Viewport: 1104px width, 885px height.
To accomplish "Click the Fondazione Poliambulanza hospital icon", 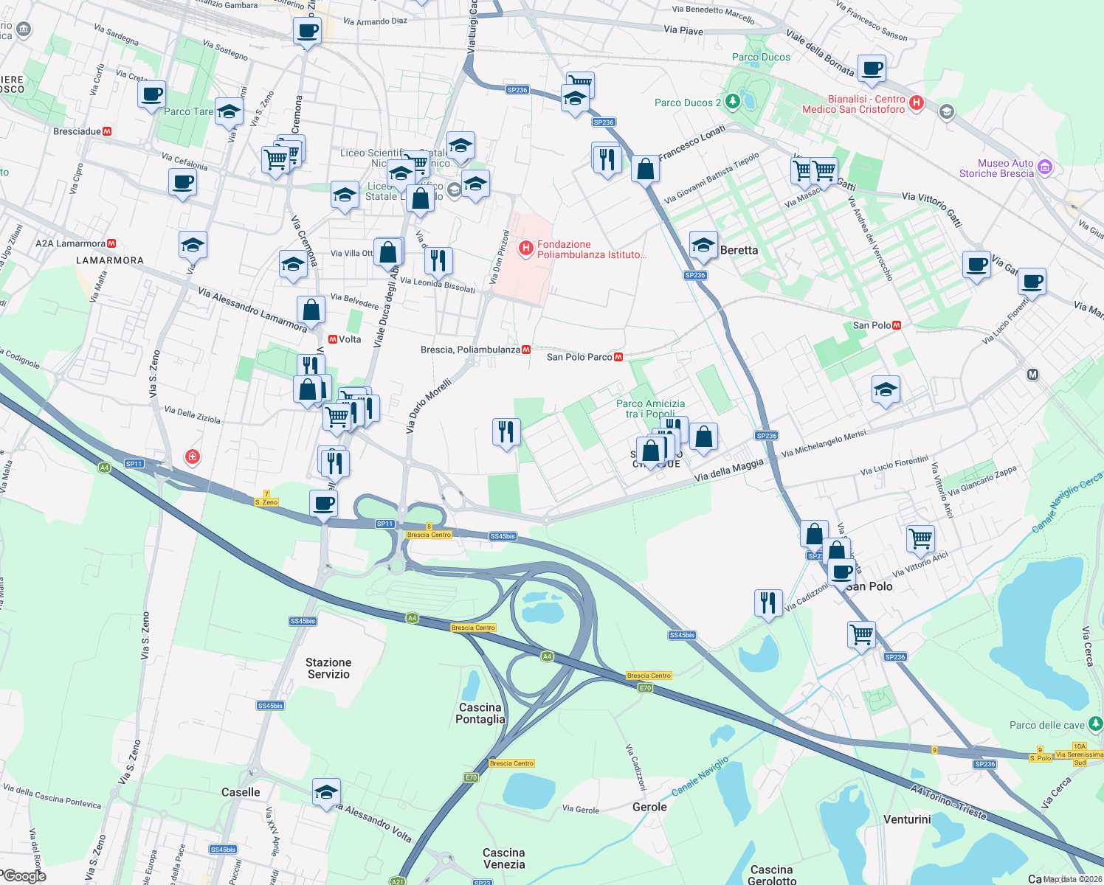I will coord(525,249).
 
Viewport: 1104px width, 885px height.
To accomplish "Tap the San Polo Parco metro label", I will coord(580,357).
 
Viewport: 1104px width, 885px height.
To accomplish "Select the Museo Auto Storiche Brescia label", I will coord(996,168).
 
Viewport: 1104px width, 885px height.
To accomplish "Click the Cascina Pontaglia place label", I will coord(480,713).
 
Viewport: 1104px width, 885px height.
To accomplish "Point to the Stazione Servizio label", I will coord(328,668).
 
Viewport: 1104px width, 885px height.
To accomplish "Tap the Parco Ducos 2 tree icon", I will coord(732,102).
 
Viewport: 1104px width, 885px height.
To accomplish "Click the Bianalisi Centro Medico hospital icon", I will coord(916,103).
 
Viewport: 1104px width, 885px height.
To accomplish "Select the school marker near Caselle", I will coord(326,793).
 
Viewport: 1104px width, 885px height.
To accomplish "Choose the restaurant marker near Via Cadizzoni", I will coord(768,603).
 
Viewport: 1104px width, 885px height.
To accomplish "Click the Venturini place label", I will coord(907,819).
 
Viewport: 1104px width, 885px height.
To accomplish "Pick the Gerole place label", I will coord(649,807).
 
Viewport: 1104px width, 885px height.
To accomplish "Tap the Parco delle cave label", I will coord(1047,725).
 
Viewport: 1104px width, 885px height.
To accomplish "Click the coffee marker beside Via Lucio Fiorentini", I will coord(1032,281).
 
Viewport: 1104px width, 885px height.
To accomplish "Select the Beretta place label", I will coord(739,250).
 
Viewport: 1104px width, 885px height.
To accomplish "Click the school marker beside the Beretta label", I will coord(703,245).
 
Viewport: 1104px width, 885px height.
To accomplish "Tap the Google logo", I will coord(24,876).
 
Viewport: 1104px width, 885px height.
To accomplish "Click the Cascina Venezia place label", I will coord(504,858).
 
